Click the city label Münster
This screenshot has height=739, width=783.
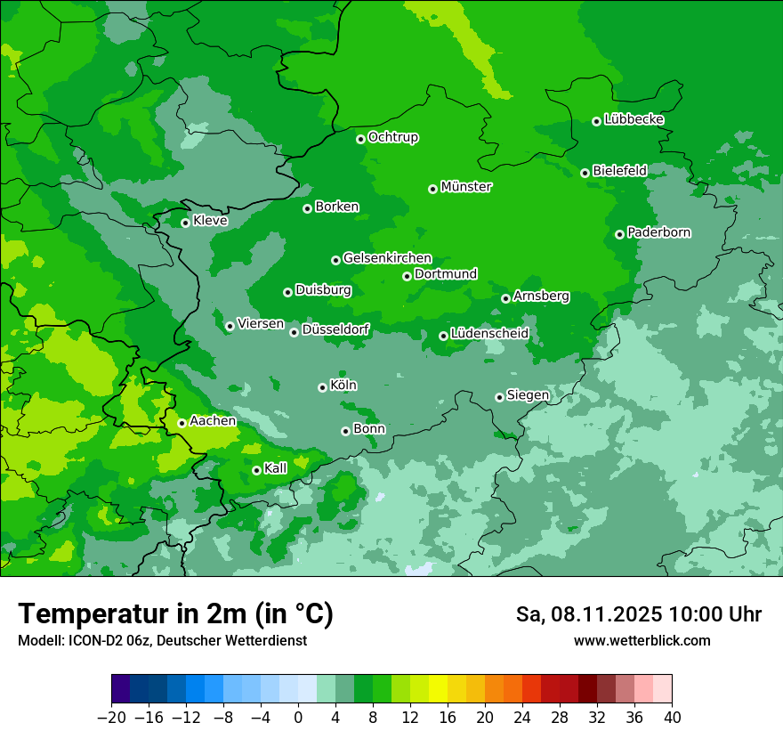[x=466, y=187]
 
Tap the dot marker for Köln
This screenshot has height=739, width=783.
[x=322, y=387]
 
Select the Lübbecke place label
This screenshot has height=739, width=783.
[x=634, y=119]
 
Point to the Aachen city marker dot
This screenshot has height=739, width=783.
[x=182, y=423]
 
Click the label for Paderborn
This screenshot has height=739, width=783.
[x=658, y=232]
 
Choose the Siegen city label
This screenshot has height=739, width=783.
[x=528, y=395]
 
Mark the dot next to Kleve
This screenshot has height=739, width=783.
[x=185, y=223]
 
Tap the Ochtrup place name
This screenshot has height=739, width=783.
[x=392, y=137]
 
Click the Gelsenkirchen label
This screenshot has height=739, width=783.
[x=387, y=258]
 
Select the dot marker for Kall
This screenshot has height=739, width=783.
[x=256, y=470]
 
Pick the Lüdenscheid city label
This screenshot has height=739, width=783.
[x=489, y=334]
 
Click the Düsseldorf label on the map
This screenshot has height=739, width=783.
[x=335, y=330]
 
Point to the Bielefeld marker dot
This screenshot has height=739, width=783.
[x=585, y=173]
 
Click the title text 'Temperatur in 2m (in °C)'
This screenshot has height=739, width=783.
[x=175, y=613]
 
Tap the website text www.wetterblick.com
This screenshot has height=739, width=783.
[x=642, y=640]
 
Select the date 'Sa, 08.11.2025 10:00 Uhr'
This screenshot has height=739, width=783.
[x=638, y=614]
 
